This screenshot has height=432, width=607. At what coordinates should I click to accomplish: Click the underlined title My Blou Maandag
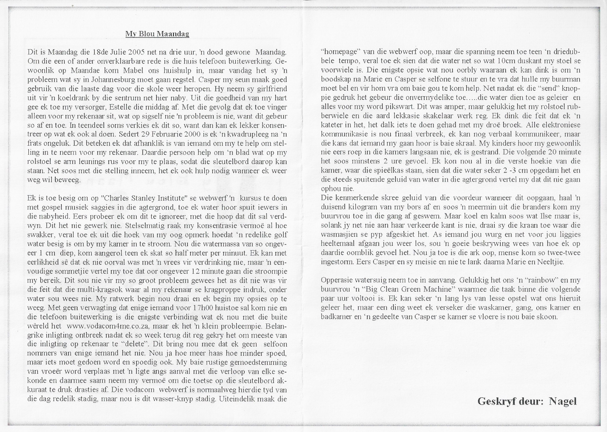click(x=157, y=34)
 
